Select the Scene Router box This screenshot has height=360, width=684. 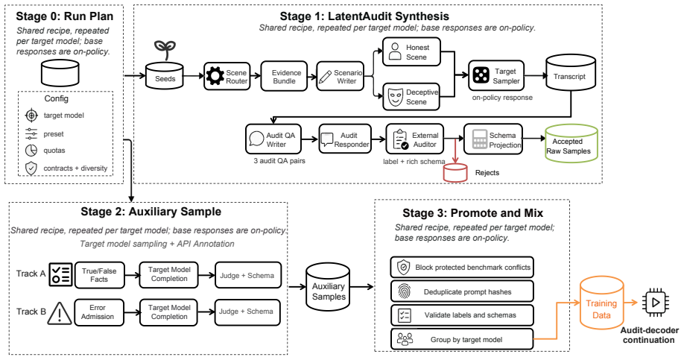click(227, 76)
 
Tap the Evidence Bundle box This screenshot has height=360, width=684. click(284, 76)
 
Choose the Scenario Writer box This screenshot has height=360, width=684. click(341, 76)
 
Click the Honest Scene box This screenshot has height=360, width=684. click(411, 52)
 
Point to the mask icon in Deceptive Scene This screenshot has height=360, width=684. click(395, 98)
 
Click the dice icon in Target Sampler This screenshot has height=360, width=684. click(481, 75)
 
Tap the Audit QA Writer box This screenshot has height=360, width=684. click(273, 139)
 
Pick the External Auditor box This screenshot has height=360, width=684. click(415, 139)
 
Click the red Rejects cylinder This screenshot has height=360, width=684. click(455, 172)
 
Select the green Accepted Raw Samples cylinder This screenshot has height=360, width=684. click(571, 144)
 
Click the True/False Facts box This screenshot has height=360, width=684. click(99, 275)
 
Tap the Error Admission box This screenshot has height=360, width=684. click(99, 312)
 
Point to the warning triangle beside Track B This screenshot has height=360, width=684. click(60, 313)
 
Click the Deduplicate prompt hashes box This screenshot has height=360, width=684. click(462, 291)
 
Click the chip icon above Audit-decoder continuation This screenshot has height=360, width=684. click(655, 303)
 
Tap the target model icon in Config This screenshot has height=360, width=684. click(31, 116)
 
